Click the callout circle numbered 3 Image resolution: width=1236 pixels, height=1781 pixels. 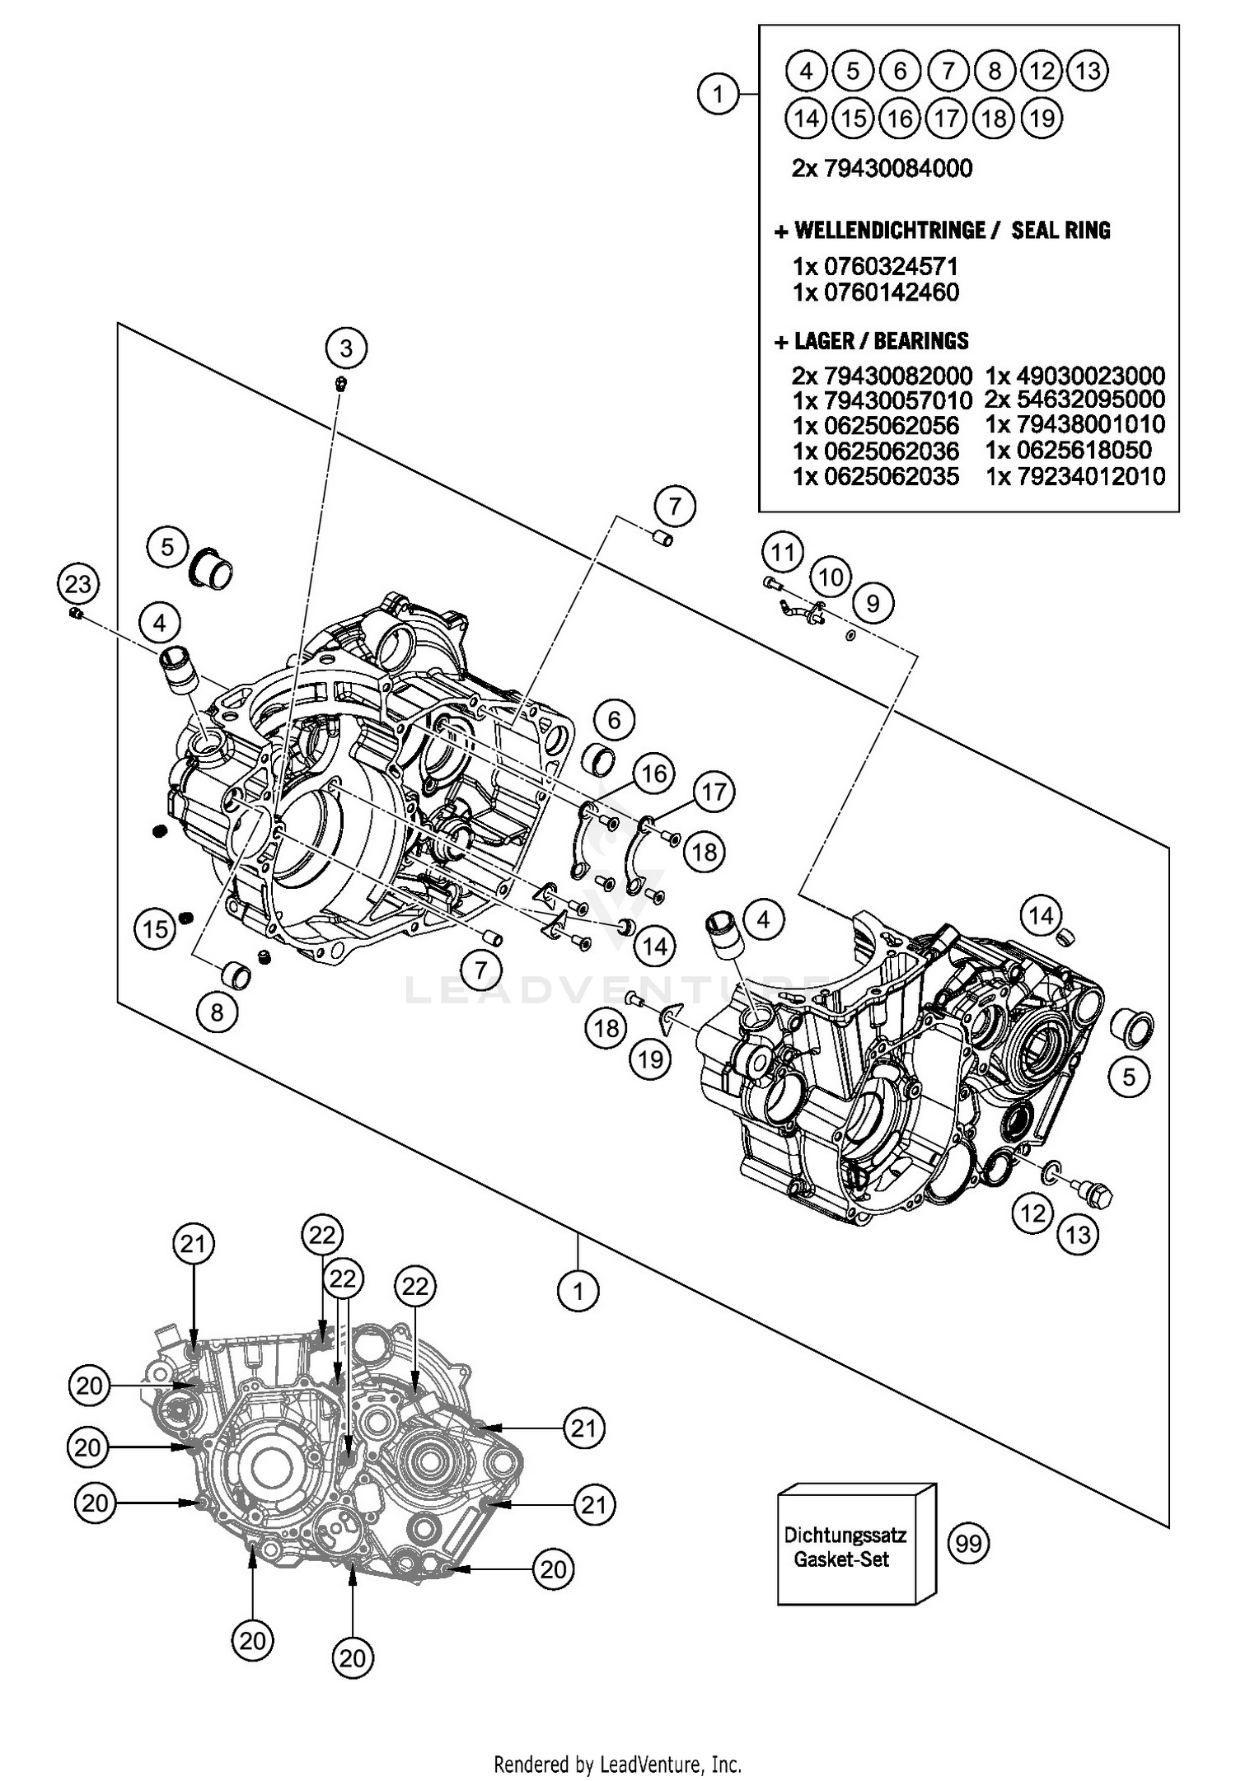tap(345, 348)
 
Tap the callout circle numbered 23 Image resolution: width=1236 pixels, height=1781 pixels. tap(78, 585)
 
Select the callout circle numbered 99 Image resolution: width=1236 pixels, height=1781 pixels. tap(968, 1542)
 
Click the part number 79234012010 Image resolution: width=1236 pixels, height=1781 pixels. tap(1075, 476)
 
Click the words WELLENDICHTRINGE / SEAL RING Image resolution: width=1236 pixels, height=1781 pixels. tap(943, 231)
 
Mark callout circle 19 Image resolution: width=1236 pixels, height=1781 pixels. tap(650, 1059)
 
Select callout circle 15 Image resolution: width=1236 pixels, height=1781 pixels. tap(155, 930)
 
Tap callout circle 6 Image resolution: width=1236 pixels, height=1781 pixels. tap(614, 720)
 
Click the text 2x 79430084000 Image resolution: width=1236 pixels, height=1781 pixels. tap(882, 168)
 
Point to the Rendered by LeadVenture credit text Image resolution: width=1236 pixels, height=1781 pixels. tap(617, 1764)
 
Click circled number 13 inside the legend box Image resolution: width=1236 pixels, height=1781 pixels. tap(1087, 71)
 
